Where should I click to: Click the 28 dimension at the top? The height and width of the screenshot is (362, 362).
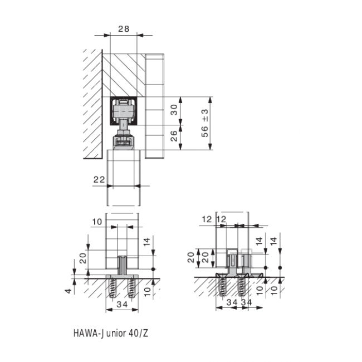point(124,29)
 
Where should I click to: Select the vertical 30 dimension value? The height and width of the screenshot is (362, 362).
point(174,110)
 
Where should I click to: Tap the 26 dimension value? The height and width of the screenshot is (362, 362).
point(174,136)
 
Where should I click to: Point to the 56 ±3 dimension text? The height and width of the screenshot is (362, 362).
point(205,123)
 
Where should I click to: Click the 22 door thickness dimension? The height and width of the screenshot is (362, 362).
point(99,179)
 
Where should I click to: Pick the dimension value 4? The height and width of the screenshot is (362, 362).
point(69,291)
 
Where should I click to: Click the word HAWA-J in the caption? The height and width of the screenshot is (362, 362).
point(88,333)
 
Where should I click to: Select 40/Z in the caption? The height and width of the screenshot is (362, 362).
point(138,333)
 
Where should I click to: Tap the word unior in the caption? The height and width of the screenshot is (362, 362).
point(116,334)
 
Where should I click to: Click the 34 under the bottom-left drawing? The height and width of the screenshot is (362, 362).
point(122,304)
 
